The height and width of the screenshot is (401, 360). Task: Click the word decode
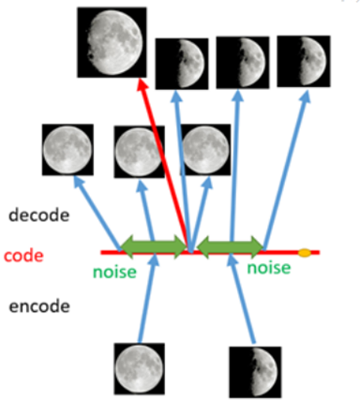tap(39, 215)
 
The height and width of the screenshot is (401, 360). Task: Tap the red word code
tap(23, 256)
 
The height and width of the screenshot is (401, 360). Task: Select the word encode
tap(39, 306)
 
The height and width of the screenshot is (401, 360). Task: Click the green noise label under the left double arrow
tap(114, 272)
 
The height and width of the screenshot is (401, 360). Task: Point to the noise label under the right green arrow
tap(269, 268)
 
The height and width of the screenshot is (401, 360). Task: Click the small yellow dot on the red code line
tap(305, 253)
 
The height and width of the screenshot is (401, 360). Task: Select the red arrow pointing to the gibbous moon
tap(163, 165)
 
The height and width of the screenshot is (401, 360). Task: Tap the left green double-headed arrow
tap(154, 246)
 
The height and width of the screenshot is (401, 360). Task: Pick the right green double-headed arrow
tap(231, 247)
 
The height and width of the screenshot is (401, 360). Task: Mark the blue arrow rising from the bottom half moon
tap(242, 299)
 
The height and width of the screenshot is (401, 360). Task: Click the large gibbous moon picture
tap(112, 42)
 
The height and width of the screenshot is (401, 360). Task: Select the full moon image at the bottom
tap(140, 368)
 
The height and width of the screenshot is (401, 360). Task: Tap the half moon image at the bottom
tap(255, 372)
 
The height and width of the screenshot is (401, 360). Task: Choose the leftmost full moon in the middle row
tap(67, 149)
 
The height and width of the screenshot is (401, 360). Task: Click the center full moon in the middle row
tap(140, 152)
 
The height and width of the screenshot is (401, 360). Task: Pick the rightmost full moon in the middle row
tap(205, 149)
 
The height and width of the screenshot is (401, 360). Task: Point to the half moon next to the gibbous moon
tap(182, 64)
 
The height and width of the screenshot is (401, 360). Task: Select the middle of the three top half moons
tap(243, 63)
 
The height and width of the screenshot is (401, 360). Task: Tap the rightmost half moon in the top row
tap(304, 61)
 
